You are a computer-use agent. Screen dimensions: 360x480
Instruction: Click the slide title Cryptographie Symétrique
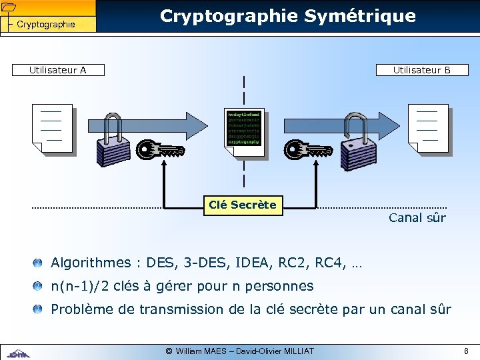coord(288,16)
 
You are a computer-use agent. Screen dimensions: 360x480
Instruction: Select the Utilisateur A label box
coord(57,70)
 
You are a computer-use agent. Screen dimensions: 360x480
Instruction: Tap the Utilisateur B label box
coord(421,70)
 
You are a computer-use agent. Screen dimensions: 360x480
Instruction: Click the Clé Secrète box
coord(242,205)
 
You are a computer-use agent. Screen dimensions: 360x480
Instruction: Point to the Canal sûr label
coord(417,218)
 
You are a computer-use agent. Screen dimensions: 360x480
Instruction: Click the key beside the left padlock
coord(161,150)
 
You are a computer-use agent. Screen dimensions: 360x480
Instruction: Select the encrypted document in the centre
coord(244,130)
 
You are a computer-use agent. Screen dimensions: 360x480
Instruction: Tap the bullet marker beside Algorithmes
coord(38,263)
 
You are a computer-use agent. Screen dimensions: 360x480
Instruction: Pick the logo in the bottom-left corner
coord(20,353)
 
